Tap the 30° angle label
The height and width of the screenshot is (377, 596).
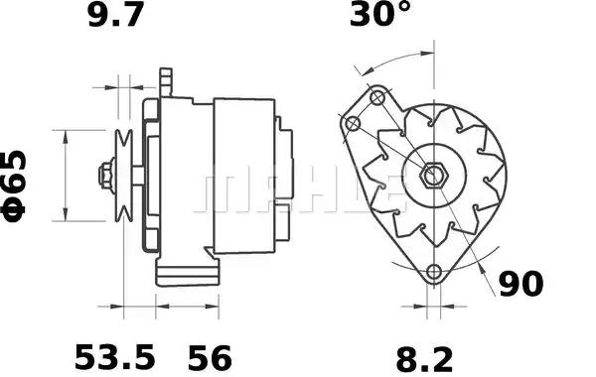pyautogui.click(x=378, y=16)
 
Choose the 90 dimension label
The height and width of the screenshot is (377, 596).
pyautogui.click(x=520, y=285)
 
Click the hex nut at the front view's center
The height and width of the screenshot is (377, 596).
pyautogui.click(x=432, y=177)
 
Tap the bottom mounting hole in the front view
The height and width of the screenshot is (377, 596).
pyautogui.click(x=433, y=273)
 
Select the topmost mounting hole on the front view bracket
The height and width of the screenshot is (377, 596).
pyautogui.click(x=377, y=98)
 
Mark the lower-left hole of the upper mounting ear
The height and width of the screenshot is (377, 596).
pyautogui.click(x=352, y=123)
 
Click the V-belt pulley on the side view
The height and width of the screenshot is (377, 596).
pyautogui.click(x=124, y=176)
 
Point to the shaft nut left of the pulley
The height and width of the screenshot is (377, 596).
pyautogui.click(x=104, y=177)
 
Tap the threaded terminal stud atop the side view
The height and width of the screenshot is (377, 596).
pyautogui.click(x=166, y=78)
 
